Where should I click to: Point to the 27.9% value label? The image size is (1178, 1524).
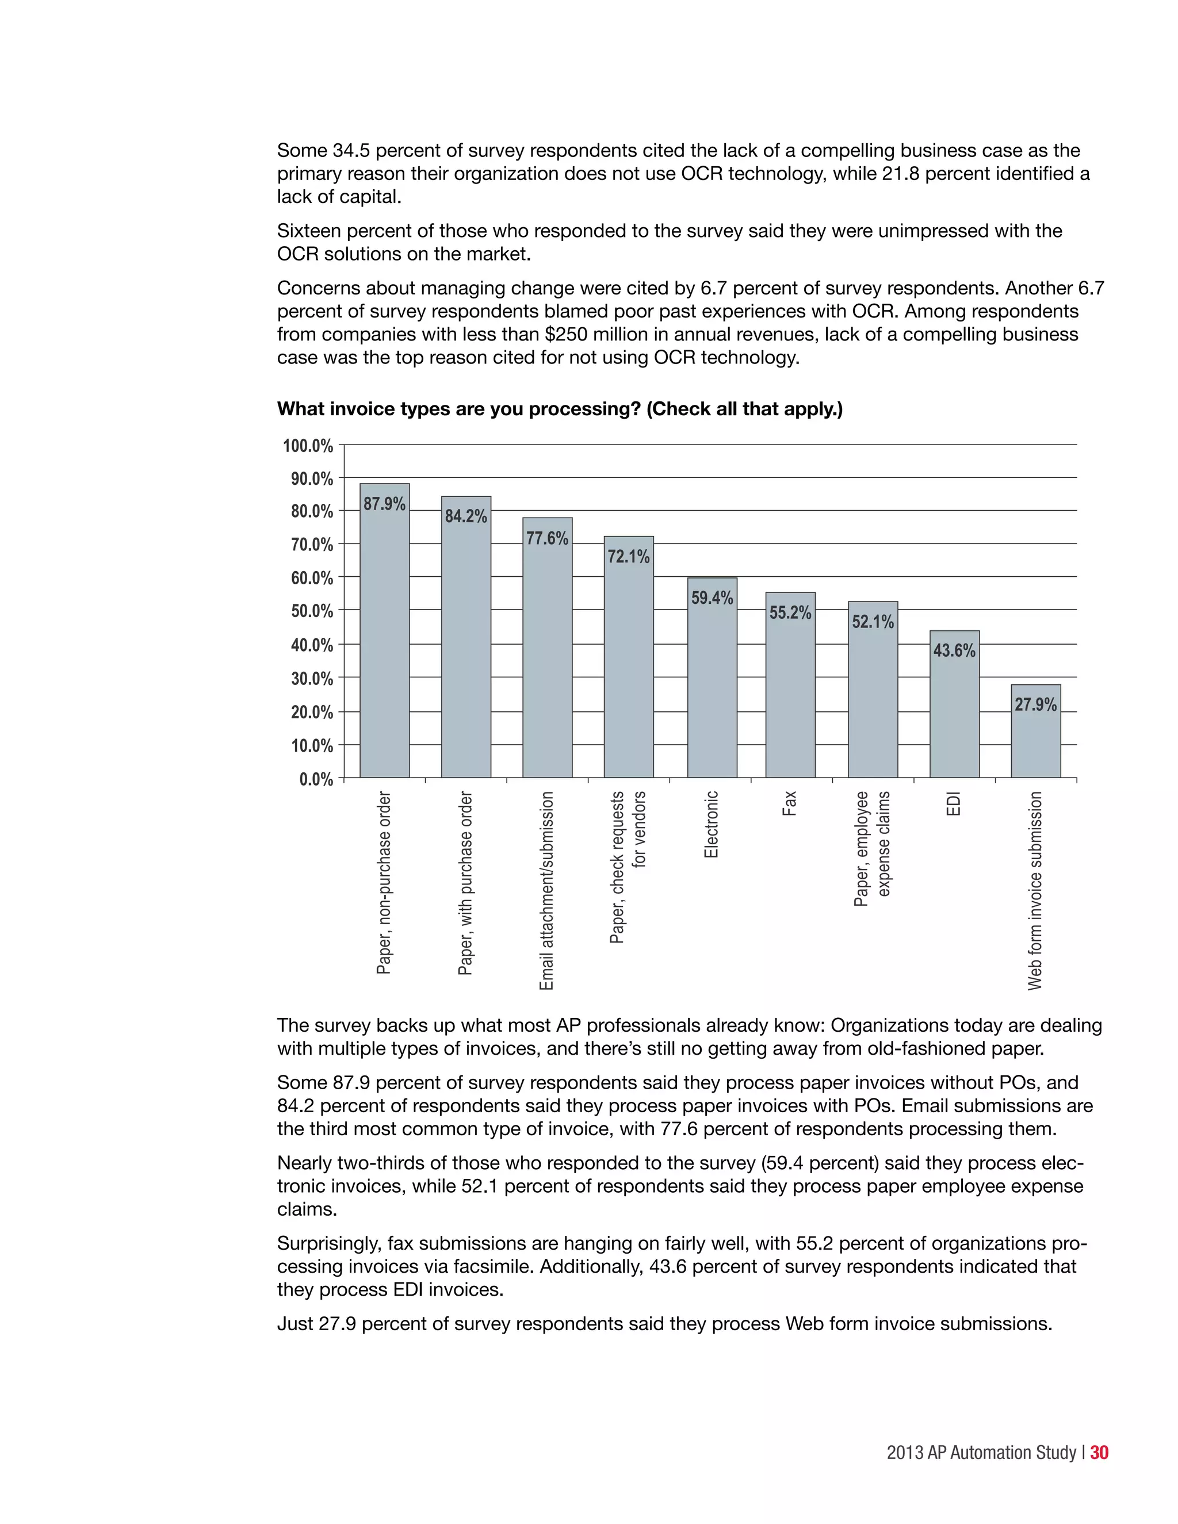coord(1035,705)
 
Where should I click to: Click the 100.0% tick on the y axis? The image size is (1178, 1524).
coord(308,445)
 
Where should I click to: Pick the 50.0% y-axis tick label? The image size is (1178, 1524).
coord(311,611)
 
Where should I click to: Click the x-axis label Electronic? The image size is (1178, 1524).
coord(711,824)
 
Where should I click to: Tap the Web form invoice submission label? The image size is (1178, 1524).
coord(1035,890)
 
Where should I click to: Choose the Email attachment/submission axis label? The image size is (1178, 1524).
coord(547,890)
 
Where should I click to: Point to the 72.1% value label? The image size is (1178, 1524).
coord(628,556)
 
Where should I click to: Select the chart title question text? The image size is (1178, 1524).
coord(560,409)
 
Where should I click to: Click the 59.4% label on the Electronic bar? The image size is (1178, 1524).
coord(712,598)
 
